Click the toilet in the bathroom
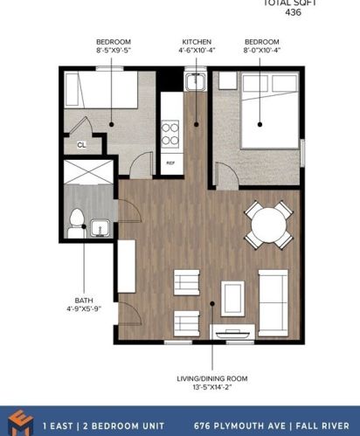pyautogui.click(x=77, y=224)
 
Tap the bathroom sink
pyautogui.click(x=100, y=228)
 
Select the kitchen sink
pyautogui.click(x=196, y=81)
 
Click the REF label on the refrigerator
pyautogui.click(x=170, y=163)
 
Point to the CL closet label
pyautogui.click(x=81, y=145)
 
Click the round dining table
pyautogui.click(x=269, y=225)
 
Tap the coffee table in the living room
pyautogui.click(x=232, y=299)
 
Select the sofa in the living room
pyautogui.click(x=273, y=303)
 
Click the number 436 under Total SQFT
pyautogui.click(x=293, y=12)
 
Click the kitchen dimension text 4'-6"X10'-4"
pyautogui.click(x=197, y=50)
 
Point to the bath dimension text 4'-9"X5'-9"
pyautogui.click(x=84, y=308)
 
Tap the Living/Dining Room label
pyautogui.click(x=212, y=378)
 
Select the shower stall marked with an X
pyautogui.click(x=88, y=172)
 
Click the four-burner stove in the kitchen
pyautogui.click(x=170, y=134)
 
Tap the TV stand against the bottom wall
pyautogui.click(x=232, y=332)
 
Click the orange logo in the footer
pyautogui.click(x=21, y=422)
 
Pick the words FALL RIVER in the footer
pyautogui.click(x=322, y=426)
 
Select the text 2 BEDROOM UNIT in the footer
pyautogui.click(x=124, y=426)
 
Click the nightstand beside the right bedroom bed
pyautogui.click(x=227, y=80)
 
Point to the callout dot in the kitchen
pyautogui.click(x=197, y=124)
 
